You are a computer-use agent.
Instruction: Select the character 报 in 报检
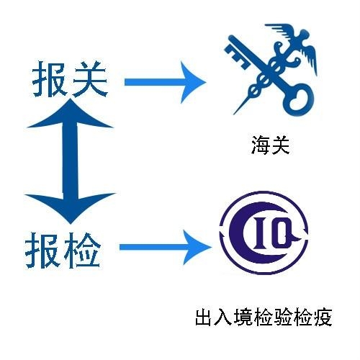pos(42,251)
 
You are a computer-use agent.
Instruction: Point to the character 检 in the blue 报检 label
pos(82,251)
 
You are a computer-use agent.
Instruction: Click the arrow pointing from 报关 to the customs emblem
pos(165,82)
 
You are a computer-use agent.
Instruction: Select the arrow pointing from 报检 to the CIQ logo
pos(166,247)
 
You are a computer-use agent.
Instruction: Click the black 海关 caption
pos(270,145)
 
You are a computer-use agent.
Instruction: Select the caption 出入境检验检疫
pos(264,317)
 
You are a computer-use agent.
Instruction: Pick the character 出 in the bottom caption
pos(204,317)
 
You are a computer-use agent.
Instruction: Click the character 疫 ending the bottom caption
pos(323,318)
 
